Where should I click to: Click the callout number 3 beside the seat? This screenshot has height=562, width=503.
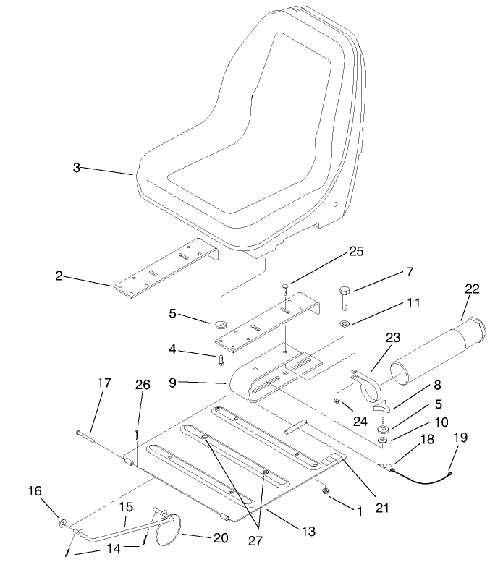point(76,167)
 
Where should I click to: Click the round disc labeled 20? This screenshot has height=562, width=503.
point(172,531)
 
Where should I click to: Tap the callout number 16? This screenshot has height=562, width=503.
point(35,491)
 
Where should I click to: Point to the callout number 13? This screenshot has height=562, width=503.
point(308,531)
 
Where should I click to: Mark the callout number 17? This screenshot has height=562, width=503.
point(104,382)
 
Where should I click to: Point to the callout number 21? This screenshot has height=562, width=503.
point(382,508)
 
